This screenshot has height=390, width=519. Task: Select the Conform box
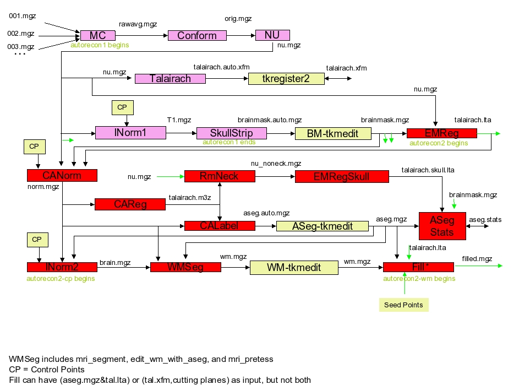[197, 35]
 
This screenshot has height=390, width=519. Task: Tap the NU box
[272, 35]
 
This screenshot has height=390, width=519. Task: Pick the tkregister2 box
[286, 79]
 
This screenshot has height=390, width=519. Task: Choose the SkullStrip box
[231, 133]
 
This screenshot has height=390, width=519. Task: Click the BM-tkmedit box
[333, 133]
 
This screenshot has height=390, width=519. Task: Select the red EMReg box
[441, 133]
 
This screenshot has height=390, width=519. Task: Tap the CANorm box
[62, 176]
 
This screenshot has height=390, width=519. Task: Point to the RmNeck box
[220, 176]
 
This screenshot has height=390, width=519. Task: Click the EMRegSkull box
[341, 176]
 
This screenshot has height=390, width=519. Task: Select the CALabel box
[220, 225]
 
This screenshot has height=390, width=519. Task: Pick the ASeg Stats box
[441, 226]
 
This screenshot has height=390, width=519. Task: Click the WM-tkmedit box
[293, 268]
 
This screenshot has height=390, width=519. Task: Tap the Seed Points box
[404, 305]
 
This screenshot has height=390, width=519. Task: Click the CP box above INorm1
[122, 107]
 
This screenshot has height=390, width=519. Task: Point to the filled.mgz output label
[477, 258]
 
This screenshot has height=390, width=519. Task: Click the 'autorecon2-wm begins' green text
[419, 278]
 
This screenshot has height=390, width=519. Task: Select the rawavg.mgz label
[138, 24]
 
